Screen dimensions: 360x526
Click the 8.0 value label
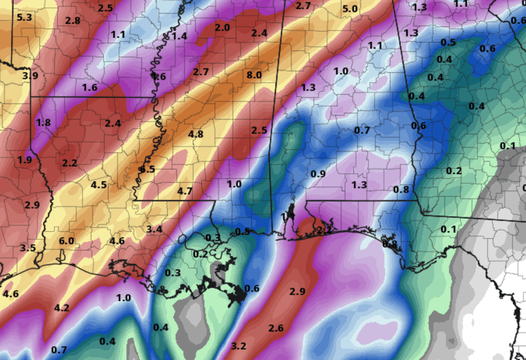coord(254,75)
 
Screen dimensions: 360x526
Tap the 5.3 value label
coord(24,17)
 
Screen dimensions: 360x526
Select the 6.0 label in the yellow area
coord(67,241)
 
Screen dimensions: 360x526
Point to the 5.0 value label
coord(350,9)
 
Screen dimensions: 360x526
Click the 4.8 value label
coord(196,134)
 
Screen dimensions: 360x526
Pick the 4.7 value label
coord(184,191)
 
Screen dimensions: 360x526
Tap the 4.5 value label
coord(99,184)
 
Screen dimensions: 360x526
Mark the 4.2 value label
coord(62,308)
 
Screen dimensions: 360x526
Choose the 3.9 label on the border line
coord(30,76)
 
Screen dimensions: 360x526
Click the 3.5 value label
coord(27,248)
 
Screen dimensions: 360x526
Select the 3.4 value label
coord(155,230)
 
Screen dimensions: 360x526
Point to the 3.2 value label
coord(239,346)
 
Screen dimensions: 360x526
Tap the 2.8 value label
coord(72,21)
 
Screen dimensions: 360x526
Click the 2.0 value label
coord(222,27)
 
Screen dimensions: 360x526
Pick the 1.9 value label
coord(24,160)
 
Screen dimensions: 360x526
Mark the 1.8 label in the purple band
coord(43,122)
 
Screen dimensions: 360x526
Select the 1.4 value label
coord(179,36)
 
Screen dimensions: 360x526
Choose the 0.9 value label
coord(318,174)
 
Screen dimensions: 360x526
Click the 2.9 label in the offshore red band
coord(297,291)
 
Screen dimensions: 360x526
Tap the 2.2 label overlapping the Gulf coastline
coord(325,230)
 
